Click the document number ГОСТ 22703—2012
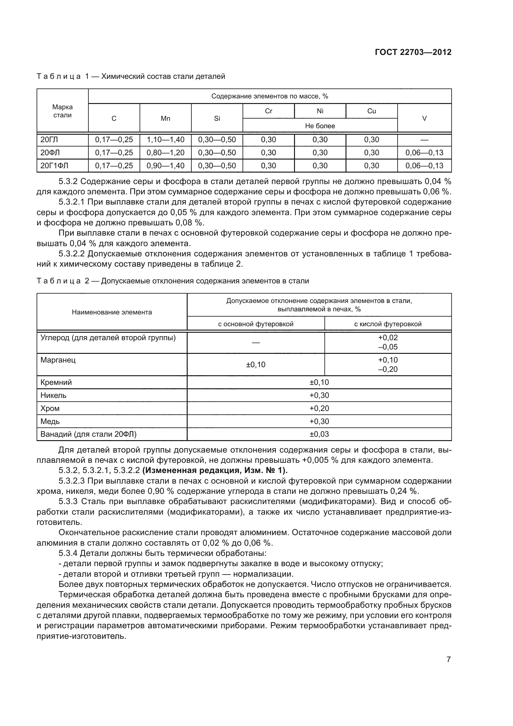pyautogui.click(x=413, y=52)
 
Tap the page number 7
pyautogui.click(x=448, y=660)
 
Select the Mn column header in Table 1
pyautogui.click(x=165, y=118)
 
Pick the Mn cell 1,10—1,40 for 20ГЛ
pyautogui.click(x=165, y=139)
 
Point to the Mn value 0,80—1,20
pyautogui.click(x=165, y=153)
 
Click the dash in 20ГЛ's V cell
pyautogui.click(x=424, y=140)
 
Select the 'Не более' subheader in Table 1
pyautogui.click(x=320, y=126)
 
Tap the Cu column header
pyautogui.click(x=372, y=111)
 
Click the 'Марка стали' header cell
pyautogui.click(x=62, y=111)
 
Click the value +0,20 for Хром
pyautogui.click(x=319, y=408)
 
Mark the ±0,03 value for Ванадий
pyautogui.click(x=319, y=434)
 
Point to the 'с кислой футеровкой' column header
pyautogui.click(x=388, y=324)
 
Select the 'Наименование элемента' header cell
pyautogui.click(x=112, y=312)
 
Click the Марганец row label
pyautogui.click(x=58, y=360)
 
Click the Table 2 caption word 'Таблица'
pyautogui.click(x=59, y=281)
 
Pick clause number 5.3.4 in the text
pyautogui.click(x=68, y=553)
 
